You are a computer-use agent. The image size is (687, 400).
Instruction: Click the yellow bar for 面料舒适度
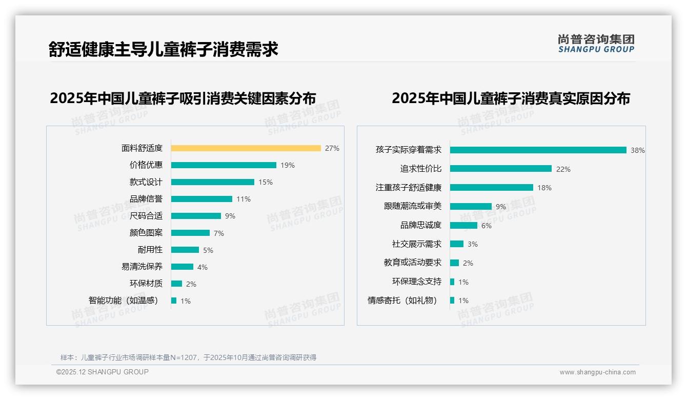(246, 148)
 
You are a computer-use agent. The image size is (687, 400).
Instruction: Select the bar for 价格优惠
(224, 165)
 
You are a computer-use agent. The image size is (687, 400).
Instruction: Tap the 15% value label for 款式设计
(266, 182)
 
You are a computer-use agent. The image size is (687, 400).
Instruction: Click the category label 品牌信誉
(146, 199)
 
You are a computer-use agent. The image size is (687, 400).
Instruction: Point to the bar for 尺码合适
(196, 216)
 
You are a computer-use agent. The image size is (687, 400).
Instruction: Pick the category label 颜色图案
(146, 233)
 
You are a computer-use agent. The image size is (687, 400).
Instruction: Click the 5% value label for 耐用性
(208, 250)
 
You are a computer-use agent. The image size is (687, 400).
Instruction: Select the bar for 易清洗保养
(182, 267)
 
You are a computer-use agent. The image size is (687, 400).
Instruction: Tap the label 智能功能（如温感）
(123, 301)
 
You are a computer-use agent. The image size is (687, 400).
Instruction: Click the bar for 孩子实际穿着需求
(538, 150)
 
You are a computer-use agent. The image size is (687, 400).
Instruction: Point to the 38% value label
(637, 150)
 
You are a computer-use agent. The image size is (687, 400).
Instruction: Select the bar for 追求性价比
(500, 169)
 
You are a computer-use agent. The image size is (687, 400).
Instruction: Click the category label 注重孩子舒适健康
(408, 188)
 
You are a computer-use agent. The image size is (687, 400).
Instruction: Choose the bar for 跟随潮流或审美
(471, 207)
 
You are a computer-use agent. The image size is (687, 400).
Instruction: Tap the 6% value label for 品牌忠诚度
(486, 226)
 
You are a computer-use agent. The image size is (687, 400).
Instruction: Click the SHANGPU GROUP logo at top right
(596, 44)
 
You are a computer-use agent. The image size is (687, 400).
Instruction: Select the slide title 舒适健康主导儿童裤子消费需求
(164, 49)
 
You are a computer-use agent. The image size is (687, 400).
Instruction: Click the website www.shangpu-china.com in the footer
(597, 372)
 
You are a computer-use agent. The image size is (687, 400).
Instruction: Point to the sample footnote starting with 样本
(188, 357)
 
